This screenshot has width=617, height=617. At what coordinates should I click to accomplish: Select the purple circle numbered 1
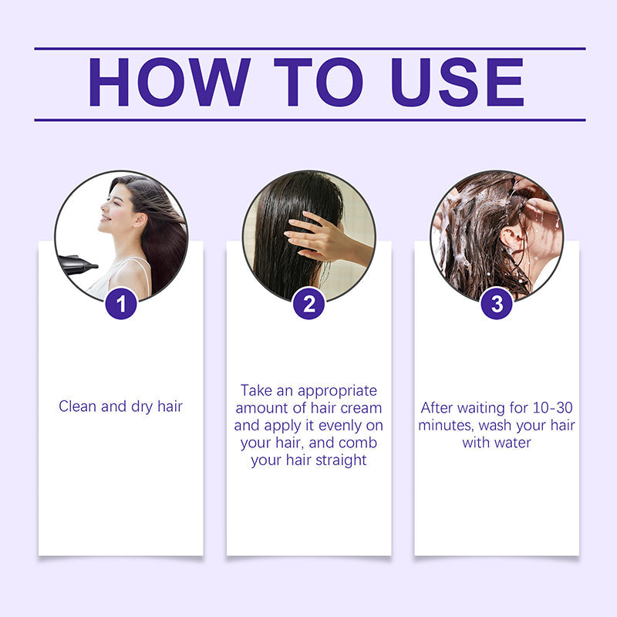(x=121, y=304)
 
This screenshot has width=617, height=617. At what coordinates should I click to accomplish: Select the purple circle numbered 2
(x=308, y=304)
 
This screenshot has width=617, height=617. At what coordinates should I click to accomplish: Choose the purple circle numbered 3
(x=497, y=304)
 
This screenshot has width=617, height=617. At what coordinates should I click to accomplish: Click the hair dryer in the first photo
(x=77, y=265)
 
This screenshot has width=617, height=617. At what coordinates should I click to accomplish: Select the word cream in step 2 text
(x=361, y=408)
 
